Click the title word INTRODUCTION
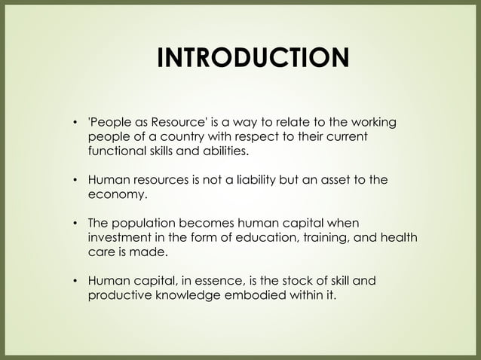point(252,58)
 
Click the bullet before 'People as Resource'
point(75,123)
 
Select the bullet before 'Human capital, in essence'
point(75,281)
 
